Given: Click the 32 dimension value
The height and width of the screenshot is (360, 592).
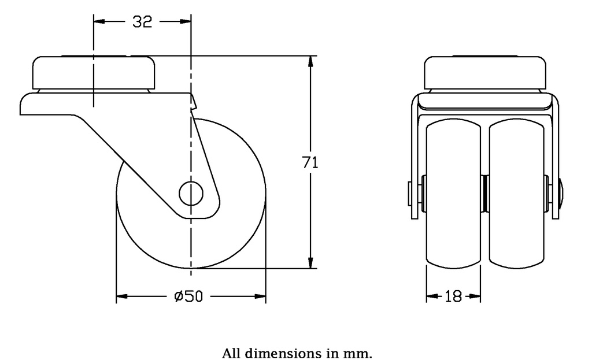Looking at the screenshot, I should click(x=142, y=22).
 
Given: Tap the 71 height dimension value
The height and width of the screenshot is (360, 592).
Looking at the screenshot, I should click(x=311, y=163).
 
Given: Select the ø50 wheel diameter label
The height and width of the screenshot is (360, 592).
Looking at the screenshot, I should click(x=188, y=297).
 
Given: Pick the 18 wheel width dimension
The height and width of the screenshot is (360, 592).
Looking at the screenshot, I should click(x=454, y=297).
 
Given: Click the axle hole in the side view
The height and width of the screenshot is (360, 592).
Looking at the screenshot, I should click(x=190, y=194).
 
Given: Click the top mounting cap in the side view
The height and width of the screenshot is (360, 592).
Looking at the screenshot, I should click(x=94, y=72).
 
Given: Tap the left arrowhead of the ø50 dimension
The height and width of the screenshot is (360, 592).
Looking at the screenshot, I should click(x=121, y=297).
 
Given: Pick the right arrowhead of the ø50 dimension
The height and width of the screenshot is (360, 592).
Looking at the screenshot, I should click(x=261, y=297).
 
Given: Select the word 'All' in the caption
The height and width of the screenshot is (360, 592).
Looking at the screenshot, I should click(x=232, y=353).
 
